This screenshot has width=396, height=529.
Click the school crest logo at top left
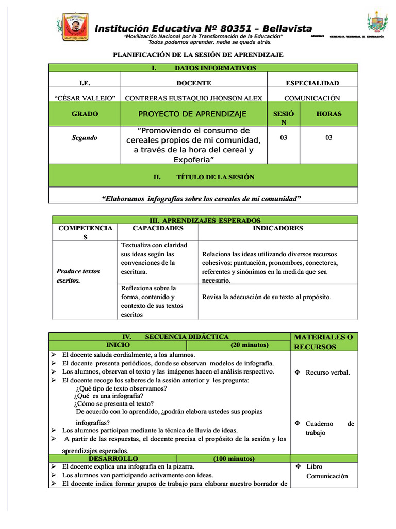click(x=76, y=29)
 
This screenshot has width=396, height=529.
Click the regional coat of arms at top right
click(x=377, y=23)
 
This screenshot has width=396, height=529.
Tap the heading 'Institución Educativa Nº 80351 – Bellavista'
click(x=203, y=29)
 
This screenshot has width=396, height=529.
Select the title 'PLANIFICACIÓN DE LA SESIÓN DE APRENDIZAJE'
click(x=198, y=55)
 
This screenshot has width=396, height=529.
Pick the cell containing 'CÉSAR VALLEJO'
click(x=84, y=98)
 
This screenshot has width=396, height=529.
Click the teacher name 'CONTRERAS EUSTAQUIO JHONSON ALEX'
click(x=193, y=98)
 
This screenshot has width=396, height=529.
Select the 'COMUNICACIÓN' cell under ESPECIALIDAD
click(x=312, y=98)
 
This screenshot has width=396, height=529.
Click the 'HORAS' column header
click(x=328, y=114)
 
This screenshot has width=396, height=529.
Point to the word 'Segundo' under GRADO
click(x=84, y=138)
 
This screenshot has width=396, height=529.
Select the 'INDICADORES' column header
click(x=277, y=228)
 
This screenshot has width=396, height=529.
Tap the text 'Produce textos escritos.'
click(x=78, y=276)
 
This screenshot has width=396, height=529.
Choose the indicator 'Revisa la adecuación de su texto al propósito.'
click(x=266, y=297)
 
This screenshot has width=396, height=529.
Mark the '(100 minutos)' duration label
click(x=234, y=458)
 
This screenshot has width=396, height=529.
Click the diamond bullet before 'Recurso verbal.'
click(x=298, y=372)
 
